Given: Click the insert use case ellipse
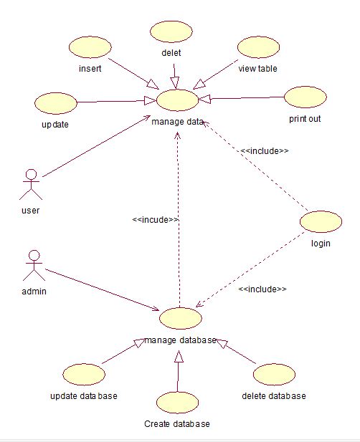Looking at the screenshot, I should pos(90,48).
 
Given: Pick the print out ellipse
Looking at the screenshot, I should pos(305,97).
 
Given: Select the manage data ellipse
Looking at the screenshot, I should pos(176,100).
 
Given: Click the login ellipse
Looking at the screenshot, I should pos(320,221).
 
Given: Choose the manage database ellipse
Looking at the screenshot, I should pos(181,317).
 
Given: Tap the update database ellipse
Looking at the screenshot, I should pos(84,373).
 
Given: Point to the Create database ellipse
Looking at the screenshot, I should pos(176,402).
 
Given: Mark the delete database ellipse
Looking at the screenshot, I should pos(274,373).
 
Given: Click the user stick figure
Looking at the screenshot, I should pos(31,184).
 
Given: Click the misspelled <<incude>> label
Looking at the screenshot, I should pos(156,220).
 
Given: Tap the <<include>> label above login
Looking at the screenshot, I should pos(265,151).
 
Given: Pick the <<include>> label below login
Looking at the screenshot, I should pos(262,289).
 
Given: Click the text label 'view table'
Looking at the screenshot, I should pos(257,69).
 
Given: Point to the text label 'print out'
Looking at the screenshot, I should pos(305,118).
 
